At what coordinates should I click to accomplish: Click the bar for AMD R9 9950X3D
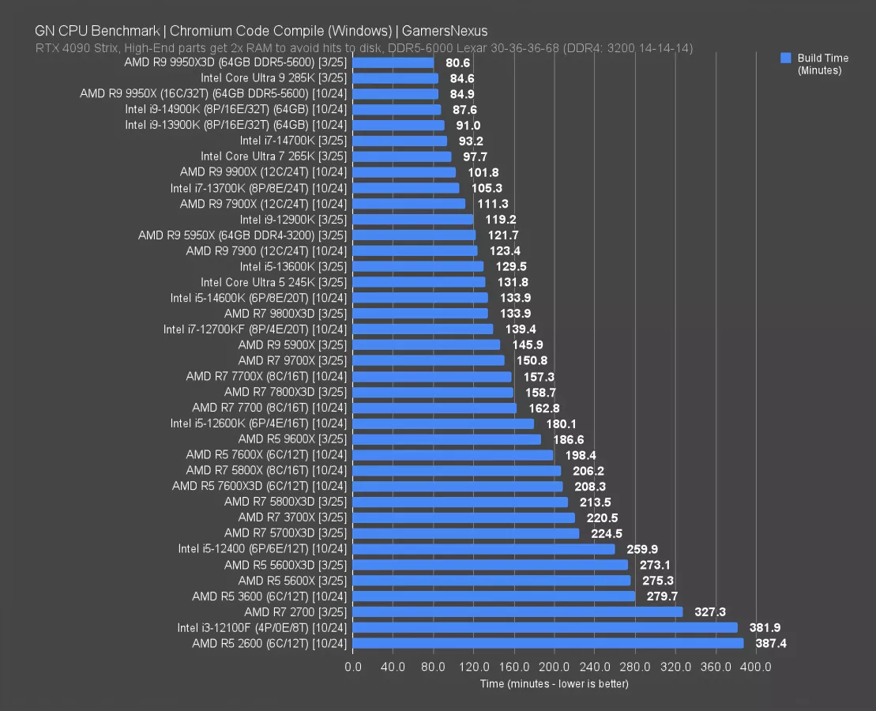393,62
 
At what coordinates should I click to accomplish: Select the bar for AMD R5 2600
548,644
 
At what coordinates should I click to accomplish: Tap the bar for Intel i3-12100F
545,628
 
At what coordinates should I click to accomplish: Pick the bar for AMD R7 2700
517,612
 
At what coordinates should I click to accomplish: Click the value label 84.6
461,78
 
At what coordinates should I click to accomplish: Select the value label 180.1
557,423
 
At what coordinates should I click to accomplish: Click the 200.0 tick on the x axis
555,668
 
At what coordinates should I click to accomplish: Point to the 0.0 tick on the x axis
353,668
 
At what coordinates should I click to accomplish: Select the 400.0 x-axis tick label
756,668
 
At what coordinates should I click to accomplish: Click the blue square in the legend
785,58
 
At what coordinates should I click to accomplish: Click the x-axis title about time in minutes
554,683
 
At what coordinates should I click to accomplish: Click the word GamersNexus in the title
445,32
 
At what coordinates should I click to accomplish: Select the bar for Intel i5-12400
483,549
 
